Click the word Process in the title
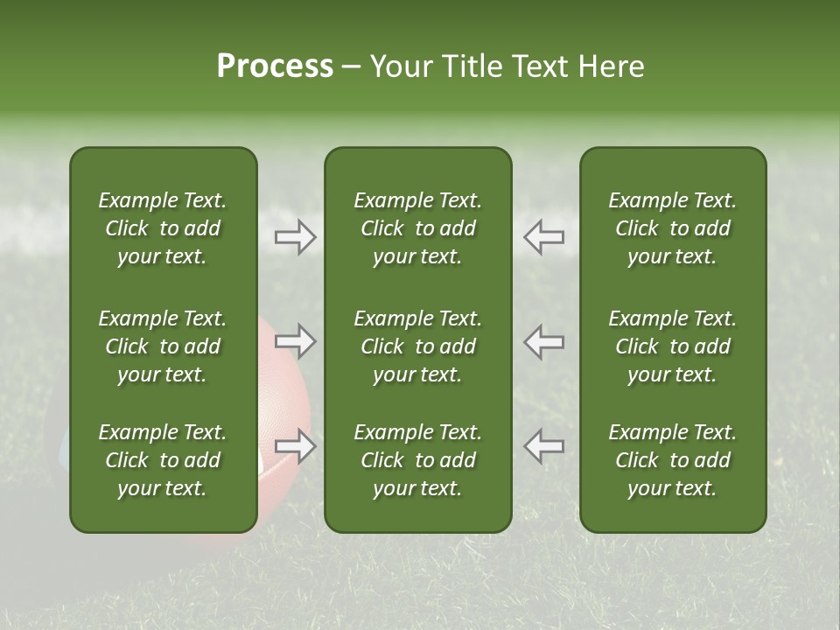click(275, 66)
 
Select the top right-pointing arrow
click(295, 237)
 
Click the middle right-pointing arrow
click(295, 341)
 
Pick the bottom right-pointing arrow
click(295, 446)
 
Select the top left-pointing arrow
click(544, 237)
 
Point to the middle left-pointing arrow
click(544, 341)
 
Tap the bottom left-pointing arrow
click(544, 446)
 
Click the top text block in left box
click(163, 228)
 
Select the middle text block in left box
click(163, 346)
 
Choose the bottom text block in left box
click(163, 460)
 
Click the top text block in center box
click(417, 228)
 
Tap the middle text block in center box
click(417, 346)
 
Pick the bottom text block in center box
click(417, 460)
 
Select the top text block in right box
click(672, 228)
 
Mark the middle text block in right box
click(672, 346)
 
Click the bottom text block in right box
click(672, 460)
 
